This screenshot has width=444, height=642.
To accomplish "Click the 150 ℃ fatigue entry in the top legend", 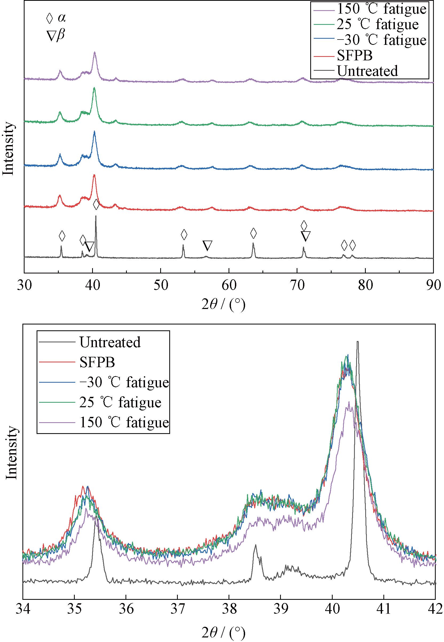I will [x=381, y=9].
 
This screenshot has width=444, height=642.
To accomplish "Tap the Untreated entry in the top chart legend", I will [x=367, y=71].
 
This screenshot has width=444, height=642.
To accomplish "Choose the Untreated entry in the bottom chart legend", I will [x=110, y=342].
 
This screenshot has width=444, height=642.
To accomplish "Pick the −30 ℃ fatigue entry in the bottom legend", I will [x=124, y=382].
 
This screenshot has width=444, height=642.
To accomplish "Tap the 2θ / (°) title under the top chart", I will [x=223, y=305].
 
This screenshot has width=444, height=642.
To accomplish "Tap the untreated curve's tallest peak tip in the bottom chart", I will [x=357, y=342].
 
